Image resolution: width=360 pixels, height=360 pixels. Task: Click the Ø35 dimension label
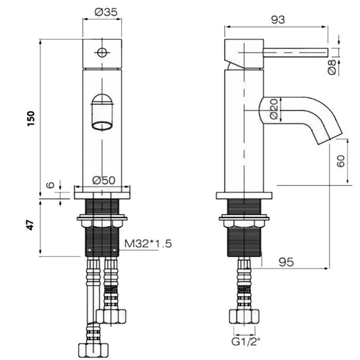click(102, 12)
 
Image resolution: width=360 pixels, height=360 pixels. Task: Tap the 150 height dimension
click(30, 118)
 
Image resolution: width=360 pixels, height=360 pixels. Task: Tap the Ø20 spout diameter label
click(274, 109)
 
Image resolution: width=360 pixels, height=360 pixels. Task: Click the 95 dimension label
click(287, 263)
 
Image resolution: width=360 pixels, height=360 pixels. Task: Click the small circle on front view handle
click(102, 52)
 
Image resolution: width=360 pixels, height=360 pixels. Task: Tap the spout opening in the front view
click(102, 124)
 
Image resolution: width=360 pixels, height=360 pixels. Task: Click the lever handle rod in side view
click(296, 52)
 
